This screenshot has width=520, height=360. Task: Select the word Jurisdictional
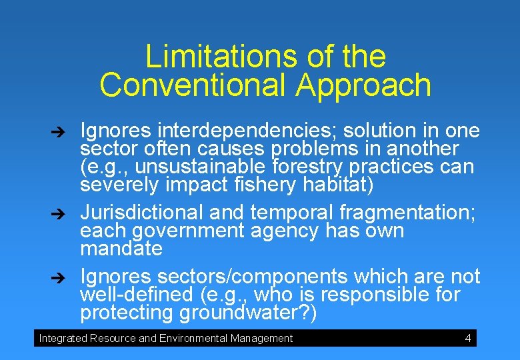click(x=141, y=213)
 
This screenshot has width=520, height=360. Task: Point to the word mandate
click(x=121, y=249)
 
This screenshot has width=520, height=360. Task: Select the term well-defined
click(x=136, y=295)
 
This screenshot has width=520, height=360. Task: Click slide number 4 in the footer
click(x=468, y=338)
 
